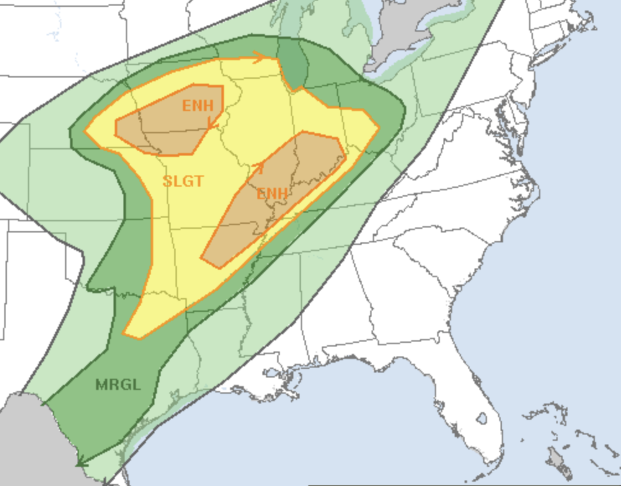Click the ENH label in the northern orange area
[197, 105]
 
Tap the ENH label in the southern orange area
[272, 193]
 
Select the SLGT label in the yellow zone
[183, 181]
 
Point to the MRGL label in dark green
[118, 384]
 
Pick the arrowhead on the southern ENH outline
[259, 167]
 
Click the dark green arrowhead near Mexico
[80, 461]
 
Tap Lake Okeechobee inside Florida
[482, 419]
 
